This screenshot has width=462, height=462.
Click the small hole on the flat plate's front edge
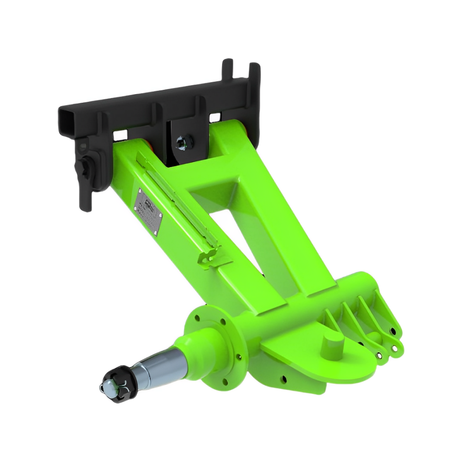[x=284, y=379]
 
